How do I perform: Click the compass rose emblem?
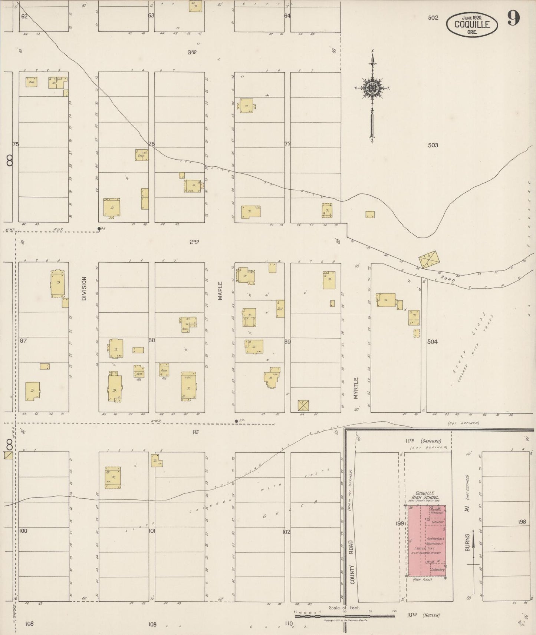click(x=371, y=88)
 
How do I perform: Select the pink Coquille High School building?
click(x=427, y=541)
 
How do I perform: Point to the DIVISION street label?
click(x=84, y=288)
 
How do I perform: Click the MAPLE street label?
click(x=220, y=291)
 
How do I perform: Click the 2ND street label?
click(x=194, y=242)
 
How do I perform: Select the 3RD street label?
click(x=192, y=52)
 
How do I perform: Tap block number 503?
click(x=433, y=145)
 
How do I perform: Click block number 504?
click(x=433, y=342)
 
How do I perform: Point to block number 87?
click(x=23, y=340)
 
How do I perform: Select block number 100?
click(x=23, y=531)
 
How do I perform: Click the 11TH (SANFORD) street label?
click(x=423, y=441)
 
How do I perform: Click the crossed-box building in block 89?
click(x=303, y=406)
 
